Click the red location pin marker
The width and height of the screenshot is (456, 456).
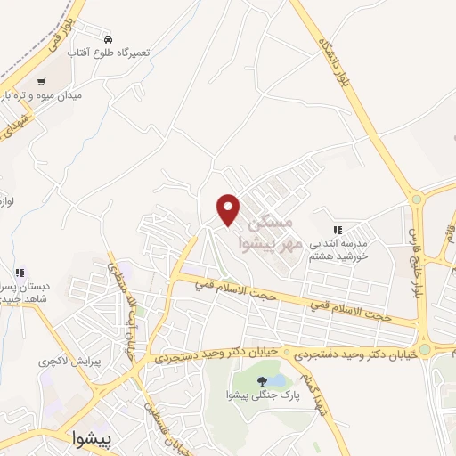pos(230,208)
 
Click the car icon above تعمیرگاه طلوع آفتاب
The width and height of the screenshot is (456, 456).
pos(108,39)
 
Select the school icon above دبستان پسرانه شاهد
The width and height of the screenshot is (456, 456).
pos(19,272)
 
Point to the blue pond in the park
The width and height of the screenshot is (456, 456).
pos(277,380)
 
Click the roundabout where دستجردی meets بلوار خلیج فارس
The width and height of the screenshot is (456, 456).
pos(425,348)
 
